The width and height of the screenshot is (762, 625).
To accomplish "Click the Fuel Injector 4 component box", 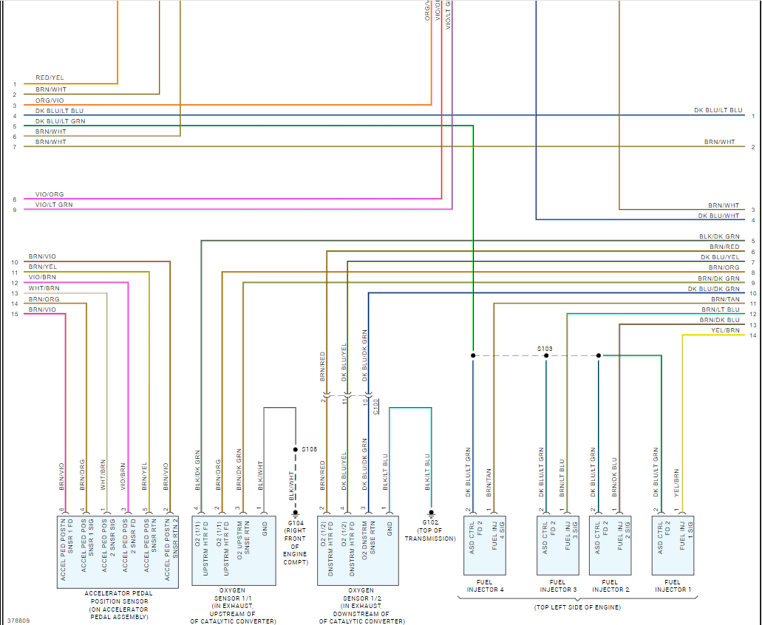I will click(485, 544).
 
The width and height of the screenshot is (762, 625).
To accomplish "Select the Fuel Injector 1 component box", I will click(673, 544).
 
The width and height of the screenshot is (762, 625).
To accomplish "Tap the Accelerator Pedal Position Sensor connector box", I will click(118, 550).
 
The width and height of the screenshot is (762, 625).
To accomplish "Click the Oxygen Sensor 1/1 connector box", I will click(233, 550).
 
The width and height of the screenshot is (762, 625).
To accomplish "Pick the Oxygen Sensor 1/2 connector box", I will click(360, 550).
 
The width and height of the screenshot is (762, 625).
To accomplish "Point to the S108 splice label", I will click(309, 449).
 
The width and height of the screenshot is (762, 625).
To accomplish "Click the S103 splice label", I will click(545, 348).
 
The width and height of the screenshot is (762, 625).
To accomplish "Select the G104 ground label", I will click(295, 523).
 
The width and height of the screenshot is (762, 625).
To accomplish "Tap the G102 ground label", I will click(430, 523).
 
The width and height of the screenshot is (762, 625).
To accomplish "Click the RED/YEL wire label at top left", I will click(50, 78).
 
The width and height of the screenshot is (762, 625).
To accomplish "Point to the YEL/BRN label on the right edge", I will click(725, 330).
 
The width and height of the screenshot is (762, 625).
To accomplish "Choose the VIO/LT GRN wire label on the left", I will click(54, 204).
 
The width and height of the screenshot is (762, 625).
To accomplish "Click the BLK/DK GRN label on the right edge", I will click(719, 236).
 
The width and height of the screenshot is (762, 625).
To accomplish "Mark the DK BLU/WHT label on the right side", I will click(718, 216).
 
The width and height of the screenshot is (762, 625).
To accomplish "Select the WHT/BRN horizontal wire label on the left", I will click(44, 287).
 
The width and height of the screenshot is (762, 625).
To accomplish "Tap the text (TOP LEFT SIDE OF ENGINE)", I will click(577, 607).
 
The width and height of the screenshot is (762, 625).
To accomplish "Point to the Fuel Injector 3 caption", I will click(558, 586).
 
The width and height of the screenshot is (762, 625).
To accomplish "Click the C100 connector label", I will click(376, 407).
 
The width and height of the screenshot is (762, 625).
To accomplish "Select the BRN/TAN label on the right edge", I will click(725, 299).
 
